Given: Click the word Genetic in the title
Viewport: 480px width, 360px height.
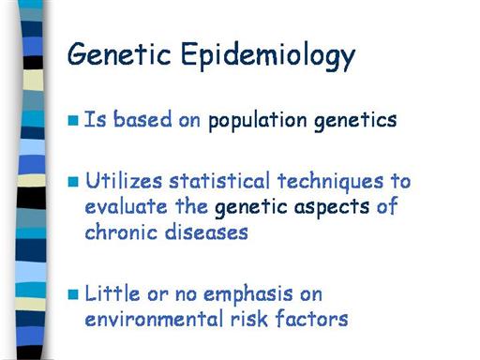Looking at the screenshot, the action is click(119, 53).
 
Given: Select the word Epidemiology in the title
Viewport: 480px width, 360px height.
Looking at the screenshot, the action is click(268, 56).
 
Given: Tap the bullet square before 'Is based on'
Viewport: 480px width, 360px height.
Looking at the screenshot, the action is click(73, 120).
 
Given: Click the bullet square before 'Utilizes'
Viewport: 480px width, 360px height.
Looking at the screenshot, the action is click(73, 182).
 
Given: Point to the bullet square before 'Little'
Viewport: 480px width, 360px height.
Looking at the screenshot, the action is click(73, 294).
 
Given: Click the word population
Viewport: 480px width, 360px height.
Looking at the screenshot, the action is click(258, 121).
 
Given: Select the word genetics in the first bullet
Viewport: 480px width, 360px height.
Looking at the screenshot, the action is click(355, 121).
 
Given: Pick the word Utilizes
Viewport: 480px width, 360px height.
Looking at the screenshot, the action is click(124, 181).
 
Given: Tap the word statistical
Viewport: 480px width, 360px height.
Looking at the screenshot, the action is click(219, 181).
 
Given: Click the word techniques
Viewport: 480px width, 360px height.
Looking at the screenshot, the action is click(330, 182).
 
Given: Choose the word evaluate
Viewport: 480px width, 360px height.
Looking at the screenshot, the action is click(127, 206).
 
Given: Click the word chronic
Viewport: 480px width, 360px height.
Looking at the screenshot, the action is click(121, 232).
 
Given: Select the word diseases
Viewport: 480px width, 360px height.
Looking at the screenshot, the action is click(206, 232).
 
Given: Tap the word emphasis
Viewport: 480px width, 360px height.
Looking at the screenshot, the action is click(248, 295).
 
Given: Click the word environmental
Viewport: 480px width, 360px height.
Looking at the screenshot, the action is click(154, 319).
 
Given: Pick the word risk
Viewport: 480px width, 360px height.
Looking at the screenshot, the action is click(249, 319).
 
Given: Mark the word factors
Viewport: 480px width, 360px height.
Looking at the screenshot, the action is click(311, 319).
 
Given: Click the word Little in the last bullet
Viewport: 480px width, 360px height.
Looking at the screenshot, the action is click(112, 293).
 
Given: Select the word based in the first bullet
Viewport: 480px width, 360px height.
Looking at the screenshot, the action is click(142, 119).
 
